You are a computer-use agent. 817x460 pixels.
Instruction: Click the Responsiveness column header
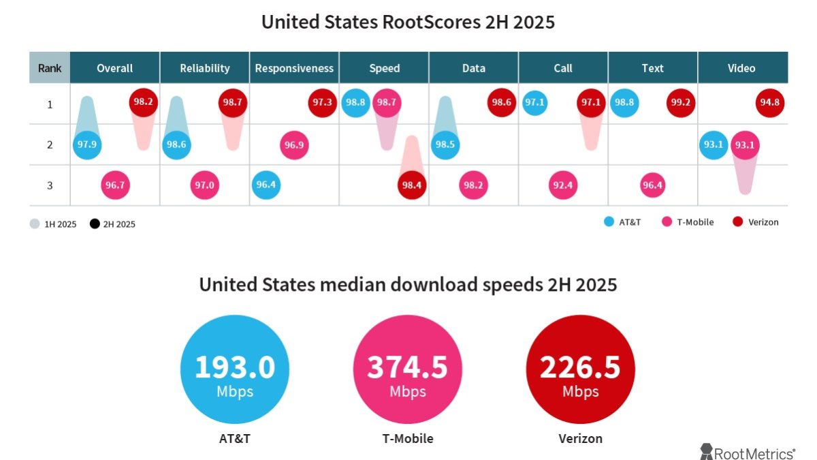(x=294, y=68)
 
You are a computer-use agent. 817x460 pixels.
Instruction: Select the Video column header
(x=741, y=68)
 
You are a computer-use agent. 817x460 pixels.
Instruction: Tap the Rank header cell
(x=50, y=68)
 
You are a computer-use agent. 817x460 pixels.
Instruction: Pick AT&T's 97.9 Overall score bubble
(x=86, y=144)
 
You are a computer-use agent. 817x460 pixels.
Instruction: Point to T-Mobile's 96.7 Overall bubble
(x=115, y=185)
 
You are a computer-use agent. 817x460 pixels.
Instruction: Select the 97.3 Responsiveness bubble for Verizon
(x=323, y=103)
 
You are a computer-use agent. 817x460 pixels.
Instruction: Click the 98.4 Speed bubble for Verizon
(x=412, y=185)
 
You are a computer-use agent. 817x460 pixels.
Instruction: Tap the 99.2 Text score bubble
(x=681, y=103)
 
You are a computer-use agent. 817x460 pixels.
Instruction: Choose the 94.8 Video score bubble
(x=770, y=103)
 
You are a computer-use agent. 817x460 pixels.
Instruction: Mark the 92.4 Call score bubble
(x=563, y=185)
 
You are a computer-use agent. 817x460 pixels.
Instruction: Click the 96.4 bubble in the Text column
(x=652, y=185)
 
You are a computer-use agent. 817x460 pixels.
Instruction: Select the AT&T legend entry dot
(x=609, y=222)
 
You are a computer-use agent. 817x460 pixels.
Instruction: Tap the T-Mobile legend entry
(x=688, y=222)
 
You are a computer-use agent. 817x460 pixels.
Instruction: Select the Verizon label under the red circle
(x=580, y=439)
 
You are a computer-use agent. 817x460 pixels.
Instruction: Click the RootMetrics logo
(x=748, y=452)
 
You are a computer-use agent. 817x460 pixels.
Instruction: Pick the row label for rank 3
(x=50, y=185)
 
